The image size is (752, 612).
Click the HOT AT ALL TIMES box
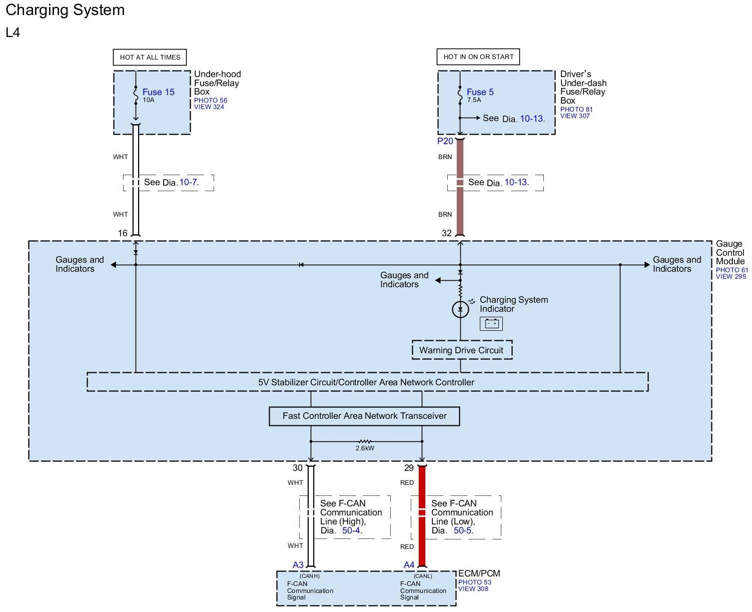click(150, 57)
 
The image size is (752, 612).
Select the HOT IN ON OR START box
click(478, 57)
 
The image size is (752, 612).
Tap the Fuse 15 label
click(158, 92)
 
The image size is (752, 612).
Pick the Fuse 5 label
click(480, 92)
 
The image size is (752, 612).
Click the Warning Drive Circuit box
click(461, 350)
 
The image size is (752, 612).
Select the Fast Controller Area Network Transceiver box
click(364, 416)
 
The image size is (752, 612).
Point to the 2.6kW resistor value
click(365, 448)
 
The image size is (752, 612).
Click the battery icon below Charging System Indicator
click(491, 324)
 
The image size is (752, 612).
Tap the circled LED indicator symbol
click(460, 310)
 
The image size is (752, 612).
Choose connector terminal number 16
click(123, 233)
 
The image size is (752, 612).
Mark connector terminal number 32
click(447, 233)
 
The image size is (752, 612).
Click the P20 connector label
click(445, 141)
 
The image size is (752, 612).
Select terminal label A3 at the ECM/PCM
click(298, 565)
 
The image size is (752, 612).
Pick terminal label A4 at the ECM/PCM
click(409, 565)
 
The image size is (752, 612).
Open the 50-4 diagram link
click(351, 530)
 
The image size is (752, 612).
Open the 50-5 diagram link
click(462, 530)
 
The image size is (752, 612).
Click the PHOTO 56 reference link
click(211, 100)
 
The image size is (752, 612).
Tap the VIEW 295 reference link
click(730, 276)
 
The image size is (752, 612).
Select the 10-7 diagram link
click(188, 182)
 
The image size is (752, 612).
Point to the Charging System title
click(65, 10)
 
